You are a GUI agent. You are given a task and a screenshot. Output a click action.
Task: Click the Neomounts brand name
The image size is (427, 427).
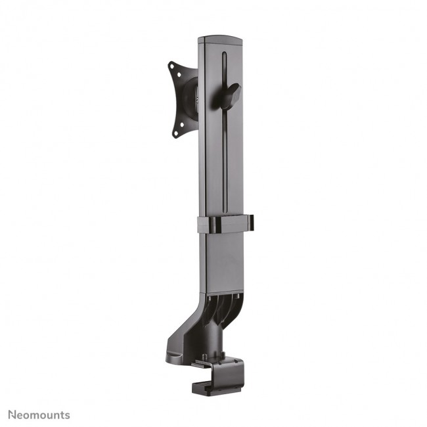[x=39, y=415]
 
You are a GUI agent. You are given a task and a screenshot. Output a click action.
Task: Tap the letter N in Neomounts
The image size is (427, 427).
[x=12, y=415]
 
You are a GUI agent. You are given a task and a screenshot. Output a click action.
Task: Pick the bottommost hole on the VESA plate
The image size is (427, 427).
[x=175, y=134]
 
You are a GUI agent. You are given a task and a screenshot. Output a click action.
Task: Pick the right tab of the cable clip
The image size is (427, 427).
[x=250, y=223]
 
